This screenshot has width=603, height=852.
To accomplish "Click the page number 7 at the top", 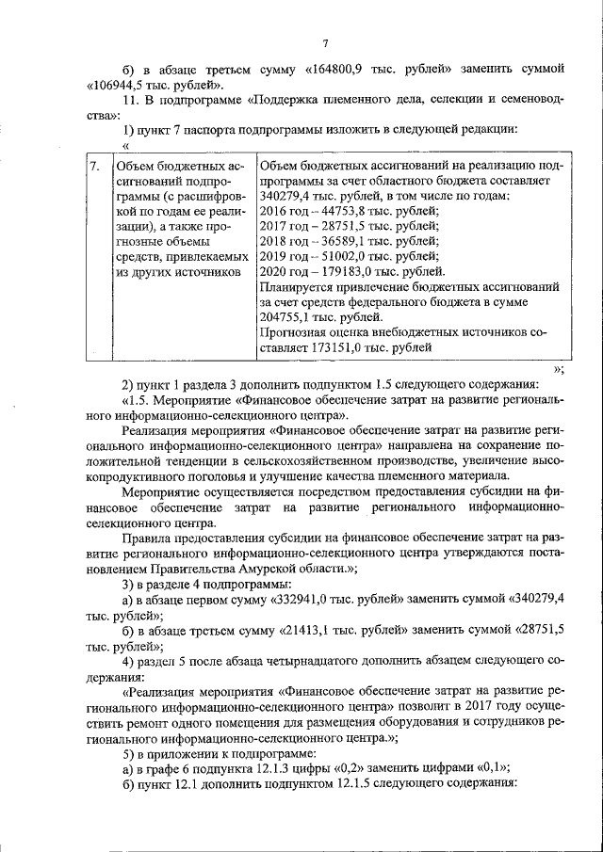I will (324, 43).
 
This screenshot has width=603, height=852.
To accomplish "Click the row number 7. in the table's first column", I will (94, 167).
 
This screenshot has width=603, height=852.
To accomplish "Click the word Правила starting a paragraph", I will (151, 538).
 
